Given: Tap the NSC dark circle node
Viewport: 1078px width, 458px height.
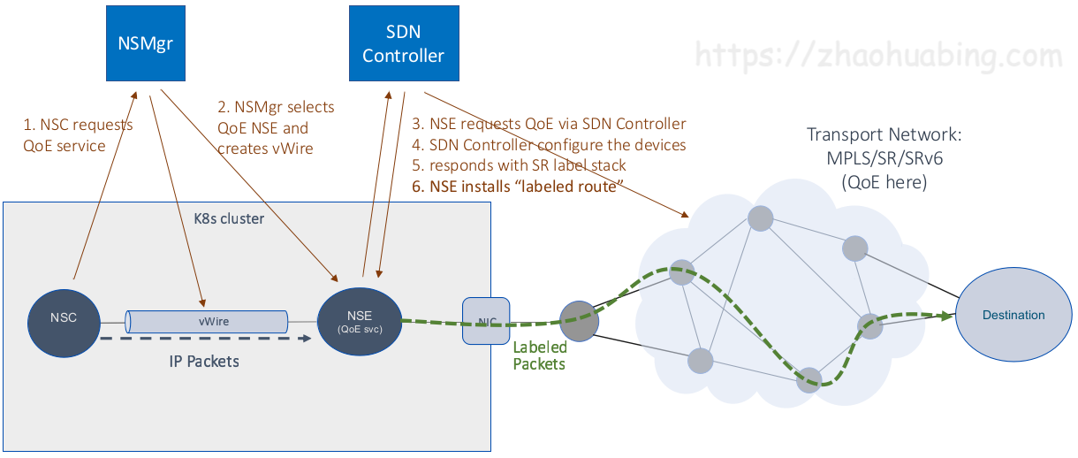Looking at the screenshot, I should tap(64, 318).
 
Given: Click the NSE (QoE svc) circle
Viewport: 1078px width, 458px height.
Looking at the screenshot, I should tap(360, 322).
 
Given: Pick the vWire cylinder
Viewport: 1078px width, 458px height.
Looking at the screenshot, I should tap(208, 321).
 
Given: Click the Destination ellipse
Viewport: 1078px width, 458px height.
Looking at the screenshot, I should tap(1013, 316).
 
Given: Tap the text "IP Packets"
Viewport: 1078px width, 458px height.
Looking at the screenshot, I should tap(204, 362).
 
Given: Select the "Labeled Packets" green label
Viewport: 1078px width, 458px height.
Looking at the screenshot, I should tap(539, 355).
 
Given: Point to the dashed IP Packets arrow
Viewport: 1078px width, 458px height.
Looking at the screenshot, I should tap(204, 339).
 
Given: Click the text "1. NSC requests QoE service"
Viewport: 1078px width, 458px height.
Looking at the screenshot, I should tap(78, 135).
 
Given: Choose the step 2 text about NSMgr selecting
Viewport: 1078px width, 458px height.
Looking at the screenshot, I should tap(276, 128).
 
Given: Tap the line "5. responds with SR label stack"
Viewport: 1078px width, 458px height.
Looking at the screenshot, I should tap(520, 165).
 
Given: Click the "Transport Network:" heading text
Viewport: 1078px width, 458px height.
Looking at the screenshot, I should tap(884, 135).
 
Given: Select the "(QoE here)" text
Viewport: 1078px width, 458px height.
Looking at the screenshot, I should tap(884, 183).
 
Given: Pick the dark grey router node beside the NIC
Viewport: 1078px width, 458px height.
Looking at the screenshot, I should tap(579, 321).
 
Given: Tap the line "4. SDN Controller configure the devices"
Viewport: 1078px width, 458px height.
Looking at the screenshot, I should tap(549, 145).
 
